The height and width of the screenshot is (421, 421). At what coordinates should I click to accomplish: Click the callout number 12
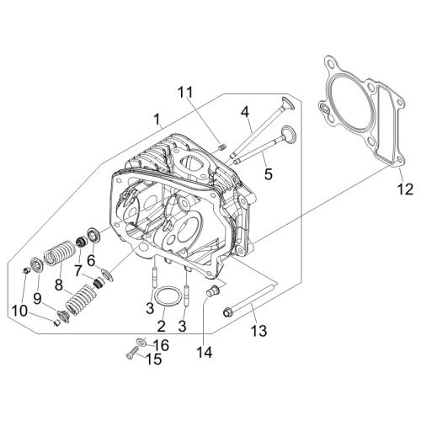tap(405, 189)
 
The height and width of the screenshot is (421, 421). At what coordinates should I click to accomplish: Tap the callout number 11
tap(185, 92)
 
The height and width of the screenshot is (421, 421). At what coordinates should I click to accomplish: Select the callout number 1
tap(157, 120)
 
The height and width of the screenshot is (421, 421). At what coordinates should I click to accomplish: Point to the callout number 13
tap(258, 331)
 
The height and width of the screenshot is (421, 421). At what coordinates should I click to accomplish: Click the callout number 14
tap(205, 353)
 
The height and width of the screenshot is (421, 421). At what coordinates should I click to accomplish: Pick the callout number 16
tap(161, 345)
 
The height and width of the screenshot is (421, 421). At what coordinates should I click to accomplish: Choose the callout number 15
tap(154, 359)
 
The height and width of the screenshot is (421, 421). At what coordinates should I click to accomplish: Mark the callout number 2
tap(161, 327)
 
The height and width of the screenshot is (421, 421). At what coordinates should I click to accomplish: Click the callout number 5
tap(269, 174)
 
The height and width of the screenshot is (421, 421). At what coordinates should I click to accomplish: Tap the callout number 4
tap(245, 113)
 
